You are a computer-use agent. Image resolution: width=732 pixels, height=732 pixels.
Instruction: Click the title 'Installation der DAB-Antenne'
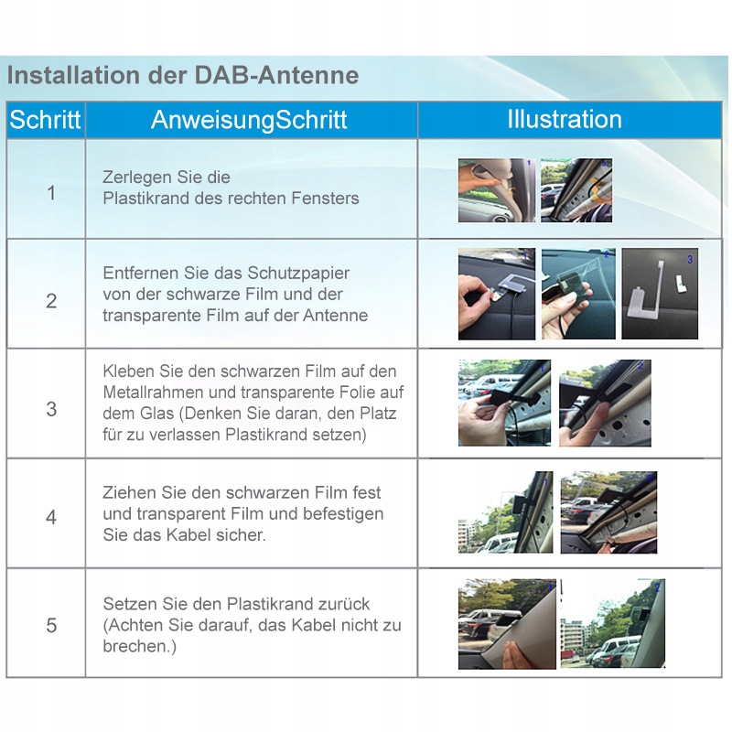point(182,75)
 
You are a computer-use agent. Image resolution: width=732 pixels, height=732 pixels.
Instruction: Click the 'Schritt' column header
point(46,120)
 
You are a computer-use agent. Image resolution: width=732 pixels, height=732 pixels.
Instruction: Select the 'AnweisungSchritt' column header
point(249,120)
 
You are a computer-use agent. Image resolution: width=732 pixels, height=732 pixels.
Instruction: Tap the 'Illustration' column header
point(565,119)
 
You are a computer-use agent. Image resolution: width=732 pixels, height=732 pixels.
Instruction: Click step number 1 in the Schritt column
point(51,193)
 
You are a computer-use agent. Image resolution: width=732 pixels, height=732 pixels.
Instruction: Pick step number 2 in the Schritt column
point(51,301)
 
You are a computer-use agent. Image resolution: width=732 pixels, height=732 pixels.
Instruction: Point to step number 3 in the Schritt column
point(51,409)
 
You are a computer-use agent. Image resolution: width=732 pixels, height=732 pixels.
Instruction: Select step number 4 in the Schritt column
point(51,517)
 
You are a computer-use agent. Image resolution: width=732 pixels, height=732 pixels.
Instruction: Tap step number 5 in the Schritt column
point(51,626)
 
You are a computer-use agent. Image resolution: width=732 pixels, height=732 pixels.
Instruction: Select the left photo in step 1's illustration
point(496,190)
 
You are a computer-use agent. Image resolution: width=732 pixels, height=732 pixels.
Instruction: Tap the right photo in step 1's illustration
point(576,190)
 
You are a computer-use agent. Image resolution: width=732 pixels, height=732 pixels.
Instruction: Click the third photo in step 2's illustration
point(660,294)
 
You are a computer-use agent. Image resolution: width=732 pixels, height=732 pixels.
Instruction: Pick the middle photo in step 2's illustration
point(578,294)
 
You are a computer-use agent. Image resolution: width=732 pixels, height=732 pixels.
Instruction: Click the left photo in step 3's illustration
point(504,403)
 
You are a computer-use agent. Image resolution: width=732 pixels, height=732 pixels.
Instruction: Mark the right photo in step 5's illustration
point(613,623)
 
